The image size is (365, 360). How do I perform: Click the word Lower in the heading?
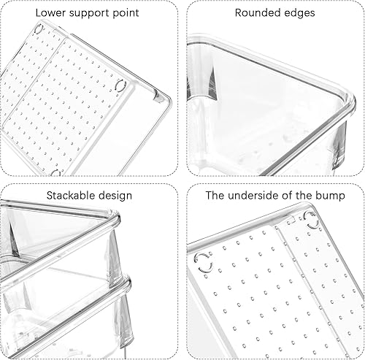50,12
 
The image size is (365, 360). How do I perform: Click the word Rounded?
256,12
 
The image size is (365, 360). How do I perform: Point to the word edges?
298,13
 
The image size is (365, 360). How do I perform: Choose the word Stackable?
69,196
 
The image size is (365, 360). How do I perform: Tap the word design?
114,196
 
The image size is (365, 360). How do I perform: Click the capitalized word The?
215,196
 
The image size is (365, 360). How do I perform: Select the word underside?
253,196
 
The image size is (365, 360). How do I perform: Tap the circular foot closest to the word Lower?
39,29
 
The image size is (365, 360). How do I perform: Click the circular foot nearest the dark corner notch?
120,85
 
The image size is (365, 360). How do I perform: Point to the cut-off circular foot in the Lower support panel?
55,172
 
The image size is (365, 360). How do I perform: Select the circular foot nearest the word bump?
311,221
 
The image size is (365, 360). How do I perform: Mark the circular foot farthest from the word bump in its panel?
204,263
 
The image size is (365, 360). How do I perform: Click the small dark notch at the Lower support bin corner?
157,96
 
